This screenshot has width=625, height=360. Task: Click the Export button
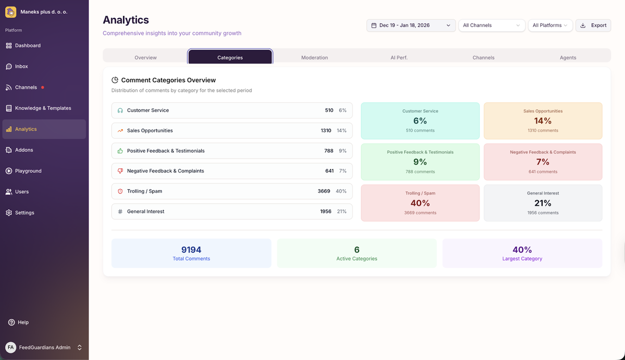point(593,25)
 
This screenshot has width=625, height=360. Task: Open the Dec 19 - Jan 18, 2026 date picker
point(410,25)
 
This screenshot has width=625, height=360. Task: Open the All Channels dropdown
point(491,25)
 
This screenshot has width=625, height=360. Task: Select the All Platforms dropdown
point(549,25)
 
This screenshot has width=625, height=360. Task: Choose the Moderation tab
point(315,57)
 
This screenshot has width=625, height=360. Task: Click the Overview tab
point(145,57)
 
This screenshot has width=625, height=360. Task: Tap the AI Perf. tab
point(399,57)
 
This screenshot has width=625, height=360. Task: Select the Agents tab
point(568,57)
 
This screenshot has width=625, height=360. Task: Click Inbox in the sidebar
point(21,67)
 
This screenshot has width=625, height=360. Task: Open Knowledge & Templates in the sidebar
point(43,108)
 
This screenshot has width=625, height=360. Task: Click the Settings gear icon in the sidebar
point(9,213)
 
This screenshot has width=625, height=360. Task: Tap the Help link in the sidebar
point(23,322)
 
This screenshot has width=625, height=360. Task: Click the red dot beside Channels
point(43,88)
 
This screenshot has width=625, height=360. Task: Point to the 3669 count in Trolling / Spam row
point(324,191)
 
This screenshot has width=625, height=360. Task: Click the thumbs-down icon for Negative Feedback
point(120,171)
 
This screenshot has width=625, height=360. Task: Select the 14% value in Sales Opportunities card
point(543,121)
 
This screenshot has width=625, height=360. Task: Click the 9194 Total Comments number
point(191,250)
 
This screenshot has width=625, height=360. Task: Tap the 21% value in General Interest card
point(543,203)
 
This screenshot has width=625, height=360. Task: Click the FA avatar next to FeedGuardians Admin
point(10,347)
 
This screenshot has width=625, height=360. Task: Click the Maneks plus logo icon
point(10,11)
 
